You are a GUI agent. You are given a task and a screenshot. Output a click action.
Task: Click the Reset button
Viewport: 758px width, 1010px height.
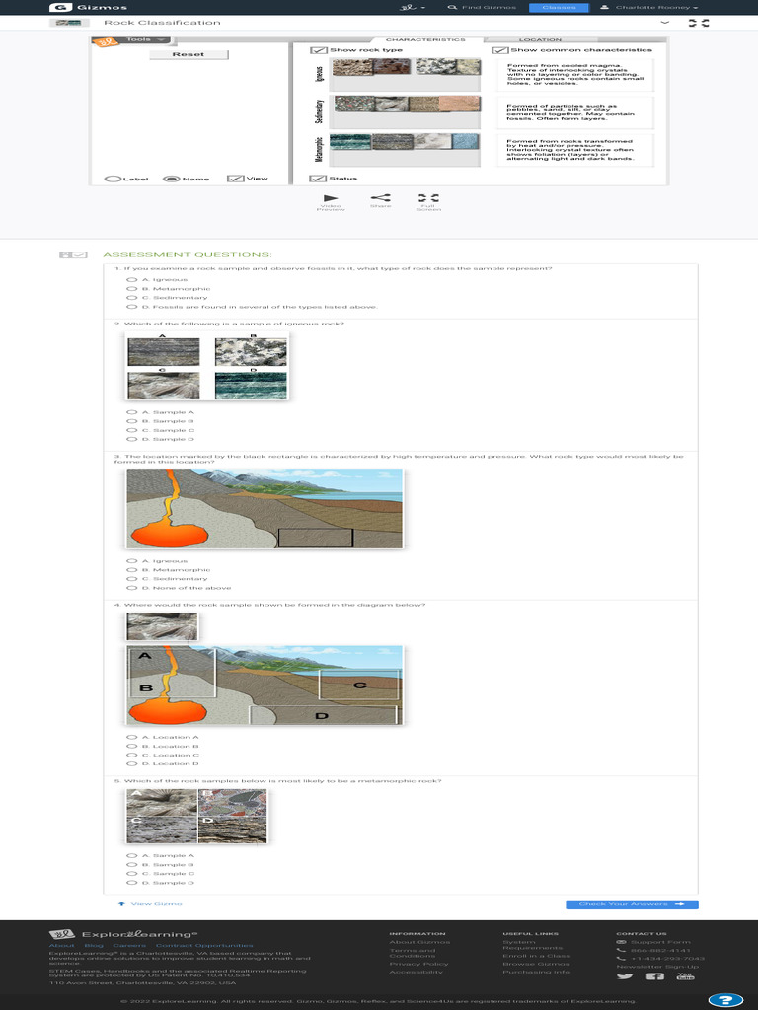pos(188,54)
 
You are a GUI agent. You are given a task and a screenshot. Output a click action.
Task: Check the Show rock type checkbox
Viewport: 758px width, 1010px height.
pos(318,50)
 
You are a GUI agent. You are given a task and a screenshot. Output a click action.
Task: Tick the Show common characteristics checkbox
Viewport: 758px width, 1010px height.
pos(499,50)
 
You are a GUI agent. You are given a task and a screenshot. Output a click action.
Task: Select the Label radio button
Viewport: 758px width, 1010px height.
pos(114,179)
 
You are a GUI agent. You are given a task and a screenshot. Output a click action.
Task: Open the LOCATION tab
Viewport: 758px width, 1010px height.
pos(540,40)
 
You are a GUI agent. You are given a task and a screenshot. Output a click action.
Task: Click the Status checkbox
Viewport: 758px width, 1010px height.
pos(318,179)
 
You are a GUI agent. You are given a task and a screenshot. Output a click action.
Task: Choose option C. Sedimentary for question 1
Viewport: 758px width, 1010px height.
pos(130,297)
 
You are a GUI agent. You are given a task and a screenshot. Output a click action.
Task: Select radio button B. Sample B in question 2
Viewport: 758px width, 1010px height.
pos(130,421)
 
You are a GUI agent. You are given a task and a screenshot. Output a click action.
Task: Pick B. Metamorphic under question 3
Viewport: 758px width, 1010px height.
pos(130,570)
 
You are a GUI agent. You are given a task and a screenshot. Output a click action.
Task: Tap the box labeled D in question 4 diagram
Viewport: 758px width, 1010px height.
pos(322,715)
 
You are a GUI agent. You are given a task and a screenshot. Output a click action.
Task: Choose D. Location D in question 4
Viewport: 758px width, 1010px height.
pos(130,763)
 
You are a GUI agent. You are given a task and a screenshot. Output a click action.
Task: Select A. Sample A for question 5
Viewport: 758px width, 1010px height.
pos(130,856)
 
